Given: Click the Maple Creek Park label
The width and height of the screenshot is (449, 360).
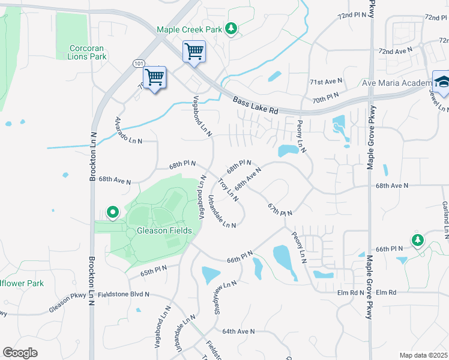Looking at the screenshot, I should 190,29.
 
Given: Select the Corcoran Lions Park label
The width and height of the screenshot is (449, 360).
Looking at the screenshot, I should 88,52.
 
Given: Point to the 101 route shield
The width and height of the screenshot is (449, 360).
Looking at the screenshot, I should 139,63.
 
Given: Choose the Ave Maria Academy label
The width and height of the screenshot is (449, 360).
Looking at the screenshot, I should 394,83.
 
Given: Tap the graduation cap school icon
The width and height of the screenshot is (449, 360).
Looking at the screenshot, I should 441,83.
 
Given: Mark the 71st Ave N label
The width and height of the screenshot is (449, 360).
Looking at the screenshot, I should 326,81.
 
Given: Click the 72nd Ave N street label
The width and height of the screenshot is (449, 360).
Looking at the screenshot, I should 396,52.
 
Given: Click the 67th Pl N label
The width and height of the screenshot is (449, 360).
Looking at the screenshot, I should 280,210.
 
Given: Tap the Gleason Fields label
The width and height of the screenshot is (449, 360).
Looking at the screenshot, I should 164,230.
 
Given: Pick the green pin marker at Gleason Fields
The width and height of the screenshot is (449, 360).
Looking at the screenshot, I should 112,212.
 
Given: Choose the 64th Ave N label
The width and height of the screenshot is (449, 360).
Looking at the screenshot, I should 238,331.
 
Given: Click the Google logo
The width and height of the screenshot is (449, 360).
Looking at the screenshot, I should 20,352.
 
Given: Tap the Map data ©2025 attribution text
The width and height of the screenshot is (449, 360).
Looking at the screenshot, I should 423,355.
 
